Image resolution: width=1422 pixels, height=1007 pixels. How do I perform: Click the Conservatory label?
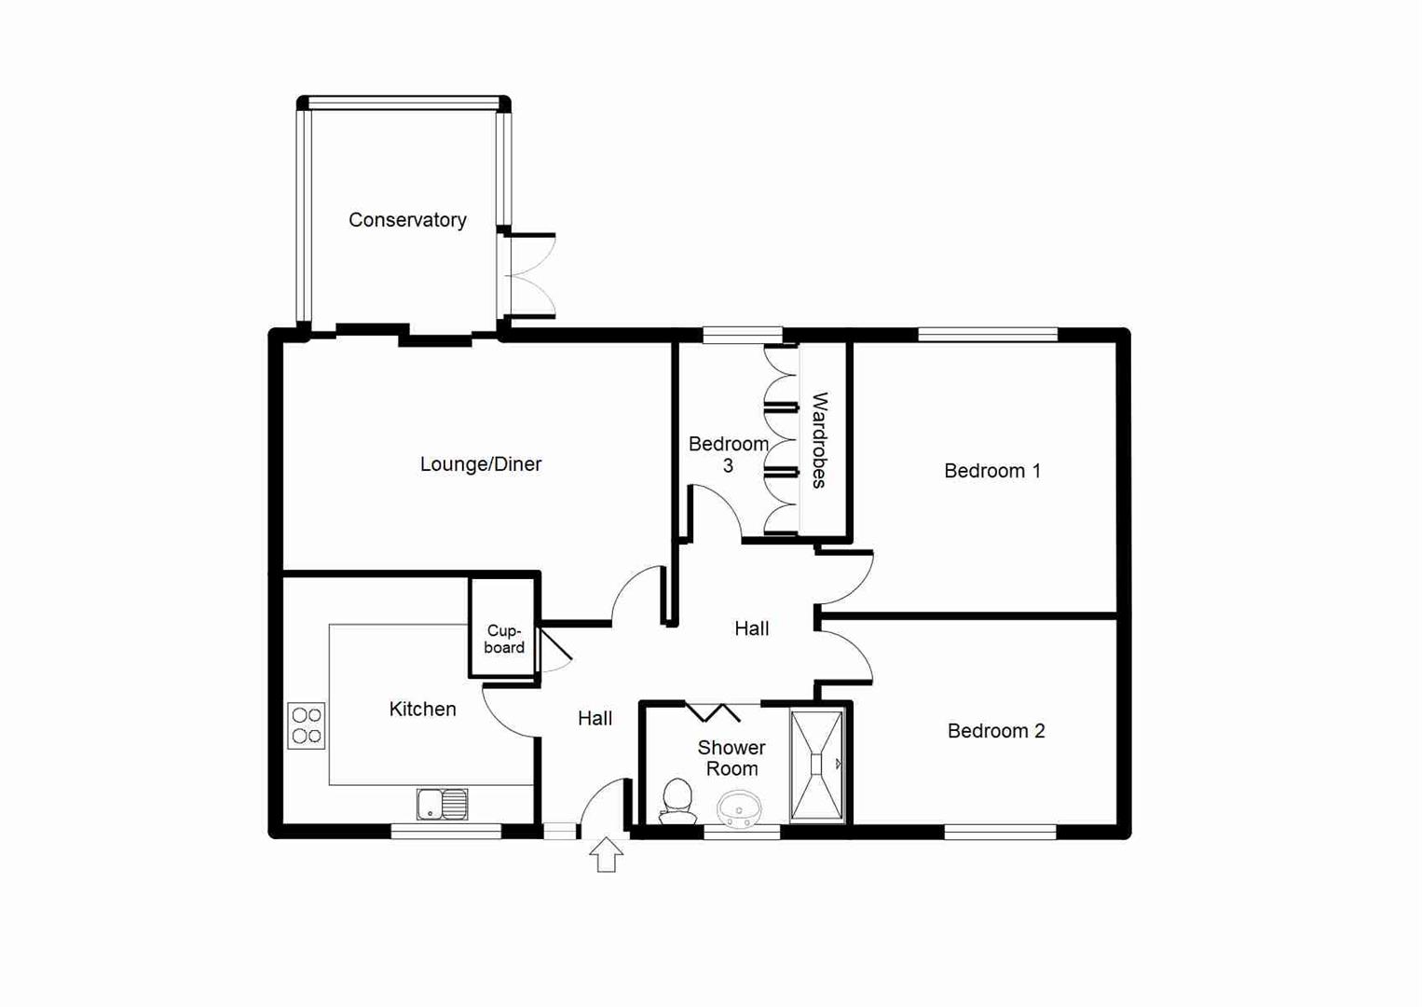[407, 220]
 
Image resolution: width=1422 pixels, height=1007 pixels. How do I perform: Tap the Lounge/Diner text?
[480, 464]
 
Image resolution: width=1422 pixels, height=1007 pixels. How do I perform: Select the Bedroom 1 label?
[991, 471]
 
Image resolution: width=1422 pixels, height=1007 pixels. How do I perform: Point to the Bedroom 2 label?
[995, 731]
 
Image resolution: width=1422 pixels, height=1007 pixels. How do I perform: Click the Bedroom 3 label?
[728, 454]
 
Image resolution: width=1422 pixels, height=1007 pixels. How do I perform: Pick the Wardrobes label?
[819, 440]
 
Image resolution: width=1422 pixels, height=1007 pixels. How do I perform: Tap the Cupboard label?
[504, 639]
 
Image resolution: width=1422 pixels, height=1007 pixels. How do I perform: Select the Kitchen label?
[422, 710]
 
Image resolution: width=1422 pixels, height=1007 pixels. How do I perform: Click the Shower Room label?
[732, 758]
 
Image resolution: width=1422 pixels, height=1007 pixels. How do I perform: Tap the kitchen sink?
[443, 804]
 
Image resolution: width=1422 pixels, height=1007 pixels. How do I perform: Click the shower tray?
[817, 766]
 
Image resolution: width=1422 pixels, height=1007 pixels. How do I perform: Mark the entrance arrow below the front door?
[607, 855]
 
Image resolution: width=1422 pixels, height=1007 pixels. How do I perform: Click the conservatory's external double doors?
[528, 276]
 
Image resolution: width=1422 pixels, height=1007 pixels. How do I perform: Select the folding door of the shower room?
[714, 712]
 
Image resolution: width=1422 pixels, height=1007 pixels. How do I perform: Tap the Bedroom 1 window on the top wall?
[988, 335]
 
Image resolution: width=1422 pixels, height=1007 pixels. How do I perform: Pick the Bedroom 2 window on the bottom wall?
[1000, 832]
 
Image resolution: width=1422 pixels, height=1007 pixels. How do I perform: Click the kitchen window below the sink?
[445, 832]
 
